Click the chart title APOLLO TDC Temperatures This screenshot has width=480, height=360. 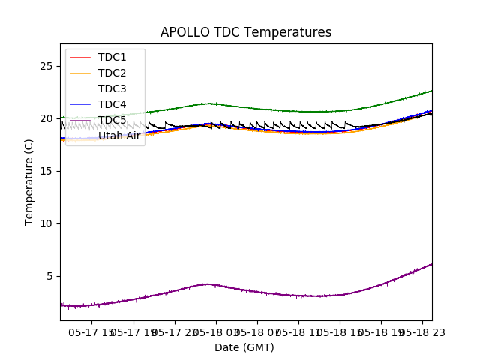tap(246, 32)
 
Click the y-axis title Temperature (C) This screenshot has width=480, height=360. tap(29, 181)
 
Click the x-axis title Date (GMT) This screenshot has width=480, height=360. tap(244, 347)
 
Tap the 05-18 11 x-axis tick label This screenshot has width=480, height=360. tap(298, 331)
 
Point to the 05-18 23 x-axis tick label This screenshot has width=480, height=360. tap(421, 331)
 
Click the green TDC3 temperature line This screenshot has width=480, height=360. tap(300, 111)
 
